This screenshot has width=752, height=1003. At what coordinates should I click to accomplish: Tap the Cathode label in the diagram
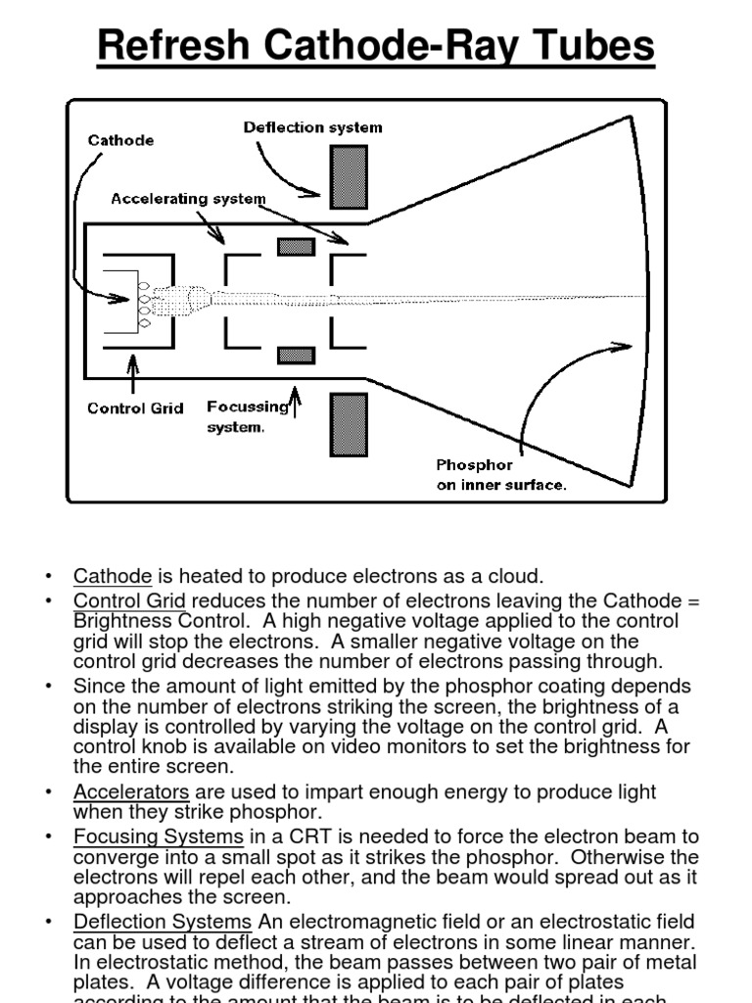click(x=120, y=140)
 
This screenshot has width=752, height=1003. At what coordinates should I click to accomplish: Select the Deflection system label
click(x=312, y=127)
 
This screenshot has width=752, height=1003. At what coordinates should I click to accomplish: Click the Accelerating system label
click(x=188, y=198)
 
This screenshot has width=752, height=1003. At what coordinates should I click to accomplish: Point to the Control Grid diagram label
click(x=135, y=407)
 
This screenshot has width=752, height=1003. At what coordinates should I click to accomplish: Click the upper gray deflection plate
click(x=349, y=176)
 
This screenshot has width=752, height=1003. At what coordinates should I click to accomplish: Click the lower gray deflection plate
click(x=349, y=425)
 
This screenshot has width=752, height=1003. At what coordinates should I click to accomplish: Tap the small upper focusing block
click(x=296, y=246)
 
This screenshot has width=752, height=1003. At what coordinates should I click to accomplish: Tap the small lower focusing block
click(x=296, y=354)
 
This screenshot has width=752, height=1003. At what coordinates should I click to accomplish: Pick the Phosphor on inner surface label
click(x=500, y=475)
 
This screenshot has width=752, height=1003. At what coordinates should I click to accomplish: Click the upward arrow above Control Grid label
click(x=133, y=371)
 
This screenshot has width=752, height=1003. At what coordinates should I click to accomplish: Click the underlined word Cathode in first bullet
click(x=112, y=576)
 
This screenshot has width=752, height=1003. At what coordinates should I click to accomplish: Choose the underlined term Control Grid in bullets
click(x=129, y=600)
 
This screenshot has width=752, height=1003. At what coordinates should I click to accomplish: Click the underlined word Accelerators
click(x=130, y=791)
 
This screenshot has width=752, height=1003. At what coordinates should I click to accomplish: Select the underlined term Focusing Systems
click(x=158, y=836)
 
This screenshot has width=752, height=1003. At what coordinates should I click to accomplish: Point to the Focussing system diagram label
click(x=246, y=416)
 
